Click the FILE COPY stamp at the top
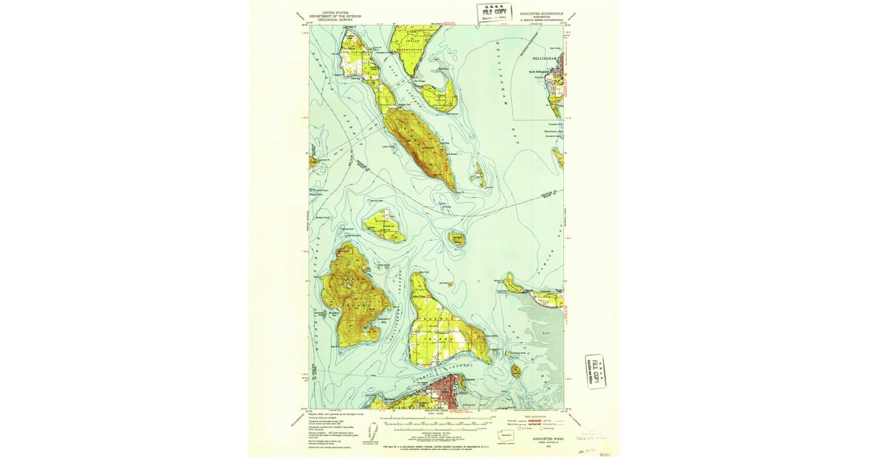pyautogui.click(x=493, y=12)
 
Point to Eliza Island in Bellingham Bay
pyautogui.click(x=478, y=175)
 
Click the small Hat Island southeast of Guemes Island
pyautogui.click(x=515, y=371)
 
